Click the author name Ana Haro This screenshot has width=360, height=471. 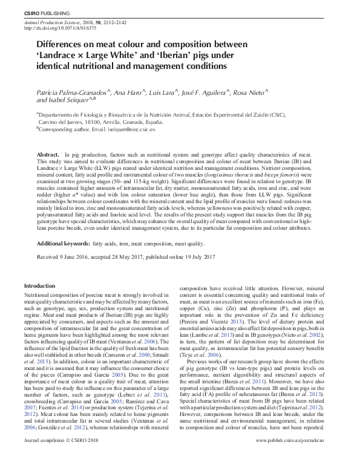point(130,93)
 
